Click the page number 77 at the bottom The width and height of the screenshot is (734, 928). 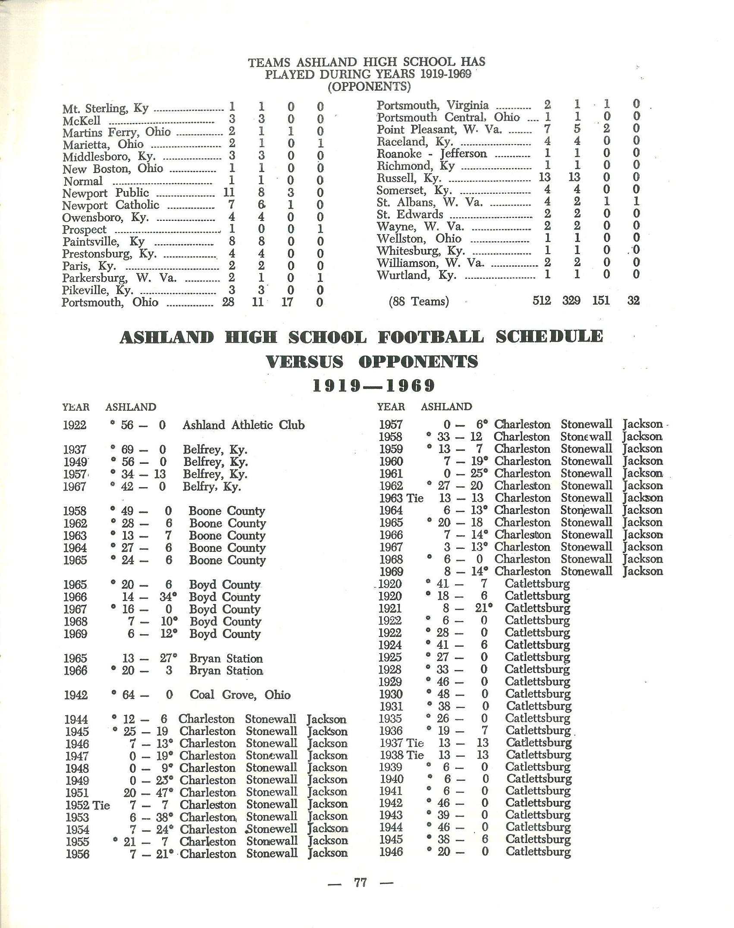point(361,882)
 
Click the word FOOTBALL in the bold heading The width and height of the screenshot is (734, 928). point(431,337)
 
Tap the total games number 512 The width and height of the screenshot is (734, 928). point(542,300)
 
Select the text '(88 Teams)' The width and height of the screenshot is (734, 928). point(419,301)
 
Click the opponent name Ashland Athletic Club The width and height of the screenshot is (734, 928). point(243,425)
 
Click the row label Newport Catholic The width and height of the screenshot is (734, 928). point(111,205)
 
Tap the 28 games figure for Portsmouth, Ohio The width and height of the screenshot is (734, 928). point(228,302)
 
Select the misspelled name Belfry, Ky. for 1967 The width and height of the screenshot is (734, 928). point(212,487)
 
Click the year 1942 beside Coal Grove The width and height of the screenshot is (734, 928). point(75,695)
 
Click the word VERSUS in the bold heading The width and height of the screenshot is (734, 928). point(305,362)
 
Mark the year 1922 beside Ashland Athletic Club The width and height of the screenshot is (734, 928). point(75,425)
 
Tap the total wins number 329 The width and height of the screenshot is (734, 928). point(571,300)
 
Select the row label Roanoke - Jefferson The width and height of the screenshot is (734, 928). point(432,154)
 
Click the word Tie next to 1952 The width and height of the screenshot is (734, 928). point(101,805)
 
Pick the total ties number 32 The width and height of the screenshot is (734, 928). point(633,300)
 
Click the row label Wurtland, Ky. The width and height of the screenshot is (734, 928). point(416,274)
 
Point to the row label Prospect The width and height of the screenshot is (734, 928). point(84,230)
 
